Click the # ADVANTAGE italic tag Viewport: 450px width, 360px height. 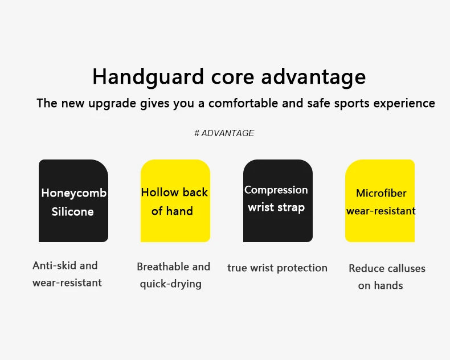(x=224, y=133)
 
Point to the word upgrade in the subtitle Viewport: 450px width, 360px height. (x=112, y=104)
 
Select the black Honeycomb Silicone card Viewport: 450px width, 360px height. (x=73, y=201)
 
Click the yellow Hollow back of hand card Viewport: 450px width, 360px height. (x=175, y=201)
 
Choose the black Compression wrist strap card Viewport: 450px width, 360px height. (x=277, y=201)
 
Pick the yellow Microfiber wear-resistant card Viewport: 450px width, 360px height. (x=380, y=201)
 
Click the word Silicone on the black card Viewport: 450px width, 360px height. (x=72, y=212)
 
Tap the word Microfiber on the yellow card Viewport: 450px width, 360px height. (x=381, y=194)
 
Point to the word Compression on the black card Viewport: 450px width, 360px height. (x=276, y=190)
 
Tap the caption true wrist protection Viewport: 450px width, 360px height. (x=277, y=268)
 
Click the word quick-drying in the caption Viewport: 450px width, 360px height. (x=171, y=284)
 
